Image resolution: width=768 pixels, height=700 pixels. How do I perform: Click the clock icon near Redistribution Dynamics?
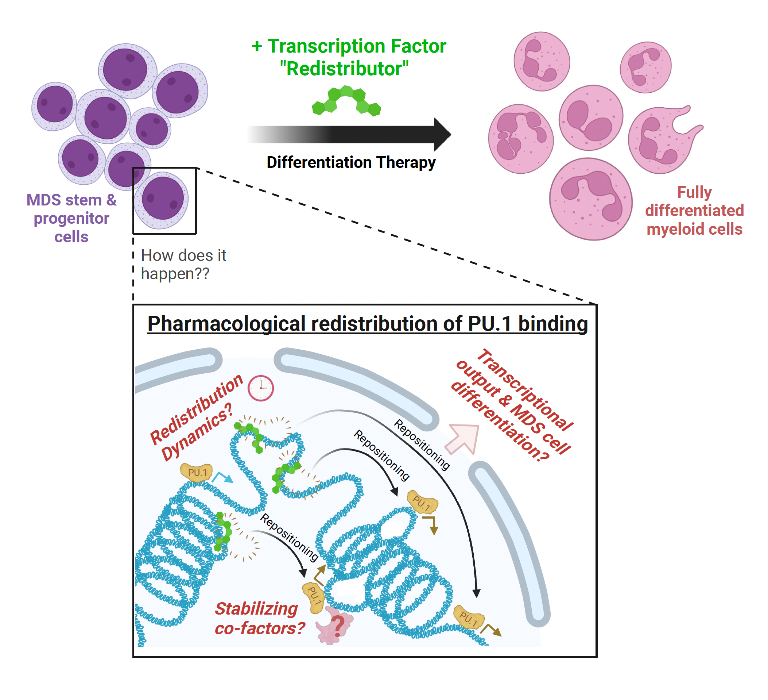click(261, 388)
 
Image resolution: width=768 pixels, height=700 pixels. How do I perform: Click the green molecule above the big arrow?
click(346, 101)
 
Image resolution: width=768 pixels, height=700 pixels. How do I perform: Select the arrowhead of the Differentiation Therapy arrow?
click(442, 134)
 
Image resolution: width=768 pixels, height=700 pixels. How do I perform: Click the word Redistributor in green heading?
click(344, 69)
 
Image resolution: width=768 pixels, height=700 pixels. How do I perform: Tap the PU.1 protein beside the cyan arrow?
click(197, 472)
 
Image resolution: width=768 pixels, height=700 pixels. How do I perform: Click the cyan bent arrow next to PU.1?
click(223, 477)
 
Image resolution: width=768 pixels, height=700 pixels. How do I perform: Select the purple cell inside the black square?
click(163, 199)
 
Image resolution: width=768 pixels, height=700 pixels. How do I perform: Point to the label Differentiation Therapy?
click(351, 162)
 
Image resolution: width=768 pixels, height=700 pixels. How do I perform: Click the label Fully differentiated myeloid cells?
click(694, 211)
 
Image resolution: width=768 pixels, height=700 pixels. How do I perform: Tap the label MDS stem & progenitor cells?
click(71, 218)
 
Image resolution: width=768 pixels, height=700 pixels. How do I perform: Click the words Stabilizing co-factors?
click(259, 618)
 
